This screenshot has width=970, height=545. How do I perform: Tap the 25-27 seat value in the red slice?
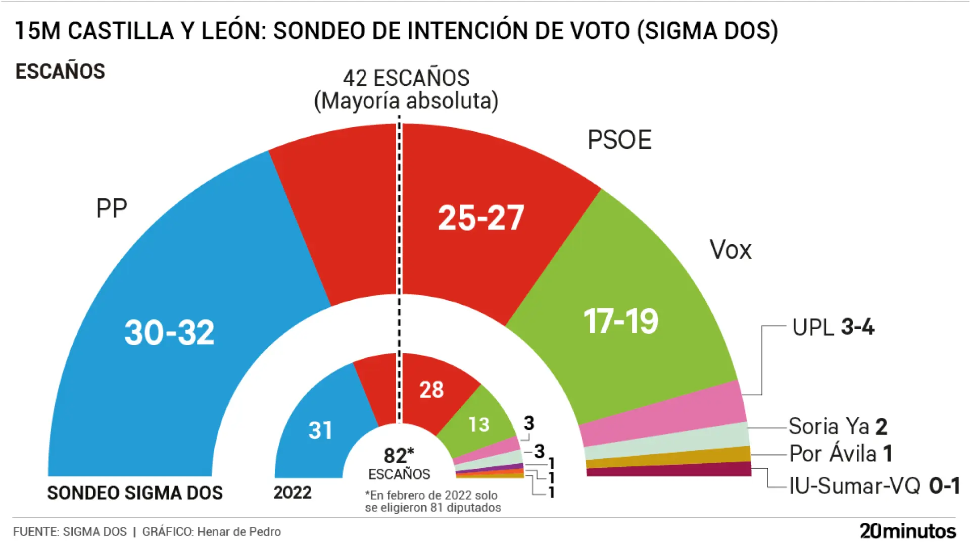point(481,218)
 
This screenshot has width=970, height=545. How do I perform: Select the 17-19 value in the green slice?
point(621,321)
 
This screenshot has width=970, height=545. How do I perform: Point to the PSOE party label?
point(619,140)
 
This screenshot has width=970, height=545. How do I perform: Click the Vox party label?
point(731,249)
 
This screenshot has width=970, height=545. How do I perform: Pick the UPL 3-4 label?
point(833,327)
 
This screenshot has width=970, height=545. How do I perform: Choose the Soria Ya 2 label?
point(838,426)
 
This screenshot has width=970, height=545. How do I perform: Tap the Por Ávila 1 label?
point(841,453)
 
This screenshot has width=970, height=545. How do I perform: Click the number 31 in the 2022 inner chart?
point(320,430)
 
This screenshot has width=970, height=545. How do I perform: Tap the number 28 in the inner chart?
point(431,390)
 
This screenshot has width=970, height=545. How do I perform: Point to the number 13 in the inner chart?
point(478,424)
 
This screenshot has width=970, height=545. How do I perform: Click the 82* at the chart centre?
point(399,456)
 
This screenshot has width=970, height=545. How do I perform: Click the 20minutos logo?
point(907,531)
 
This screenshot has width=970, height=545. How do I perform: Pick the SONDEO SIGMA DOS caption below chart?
point(135,493)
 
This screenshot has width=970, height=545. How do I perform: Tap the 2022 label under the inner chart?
point(293,493)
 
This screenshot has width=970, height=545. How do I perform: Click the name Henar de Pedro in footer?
point(238,531)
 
